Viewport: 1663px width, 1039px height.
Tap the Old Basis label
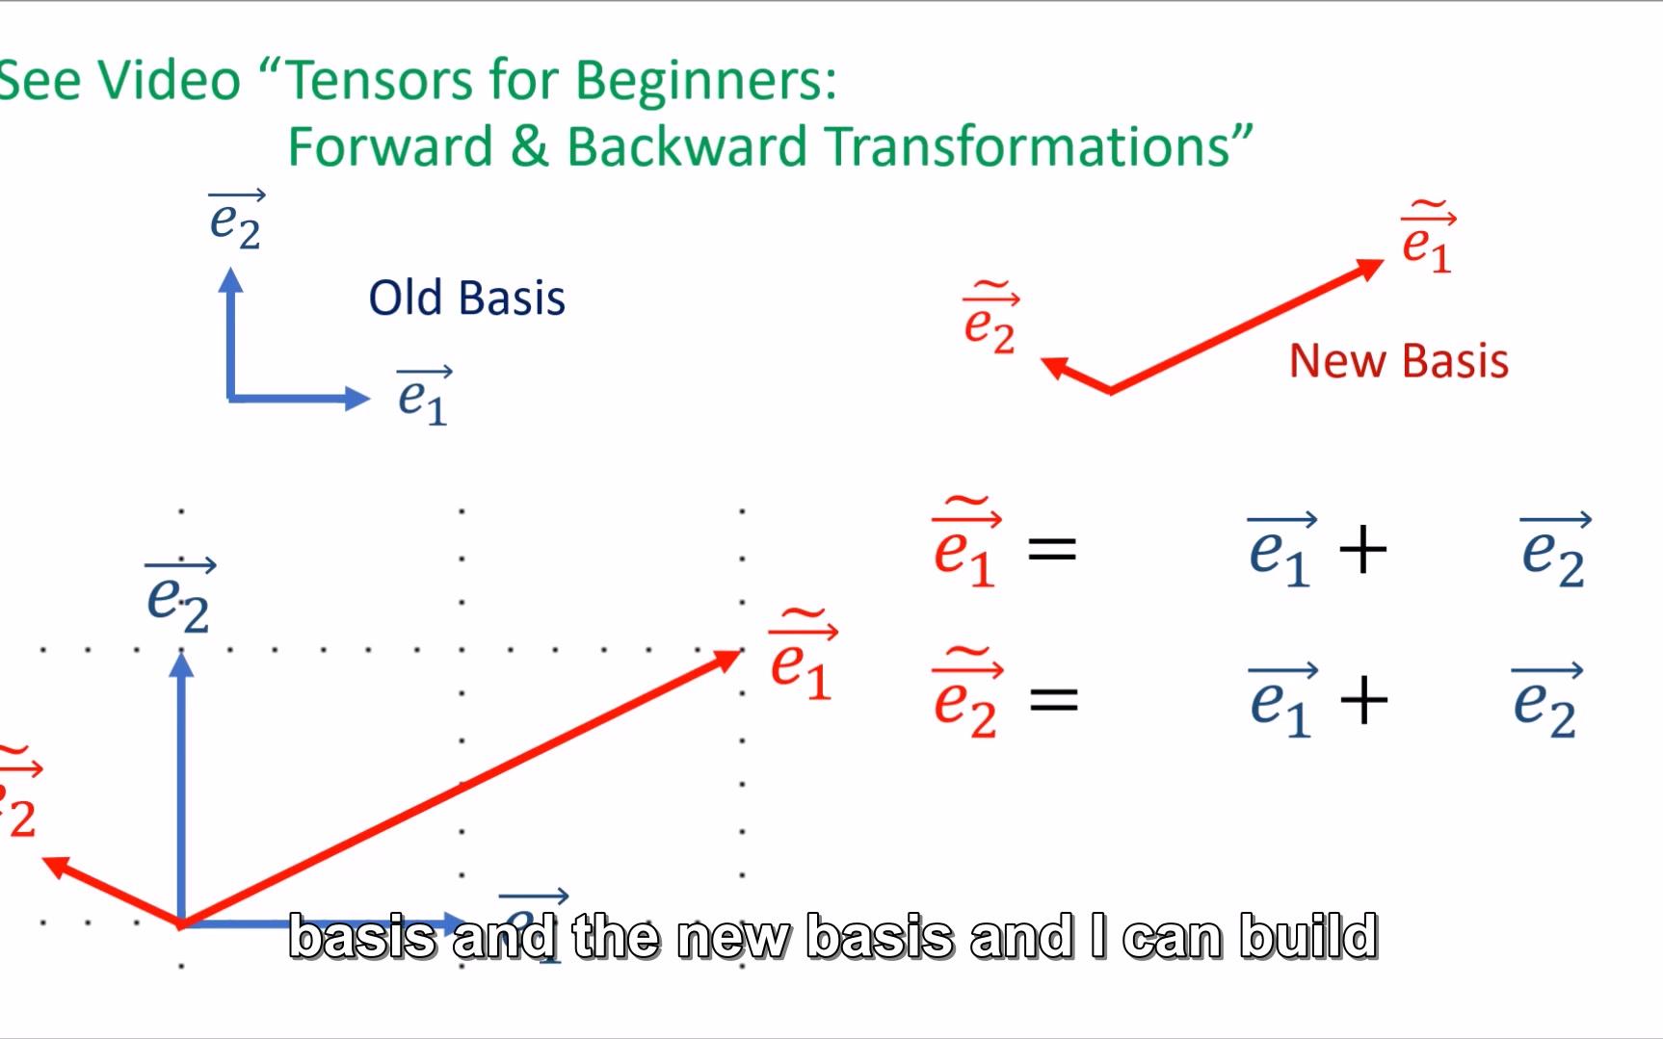tap(466, 298)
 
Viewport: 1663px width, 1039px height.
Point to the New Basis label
tap(1398, 361)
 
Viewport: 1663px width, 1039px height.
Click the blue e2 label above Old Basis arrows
tap(236, 221)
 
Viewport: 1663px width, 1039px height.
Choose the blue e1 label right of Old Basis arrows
tap(424, 396)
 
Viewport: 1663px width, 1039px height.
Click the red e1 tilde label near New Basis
tap(1428, 241)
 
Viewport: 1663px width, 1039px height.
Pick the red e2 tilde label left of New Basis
tap(990, 322)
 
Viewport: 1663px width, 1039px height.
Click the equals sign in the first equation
tap(1052, 552)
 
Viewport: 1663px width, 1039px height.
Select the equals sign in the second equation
tap(1053, 700)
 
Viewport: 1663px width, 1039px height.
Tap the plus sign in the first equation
tap(1362, 552)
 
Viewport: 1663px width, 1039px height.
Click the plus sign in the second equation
tap(1363, 700)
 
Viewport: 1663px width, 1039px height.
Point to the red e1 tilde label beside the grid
tap(803, 659)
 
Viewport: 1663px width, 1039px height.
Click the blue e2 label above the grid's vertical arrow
tap(179, 597)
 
